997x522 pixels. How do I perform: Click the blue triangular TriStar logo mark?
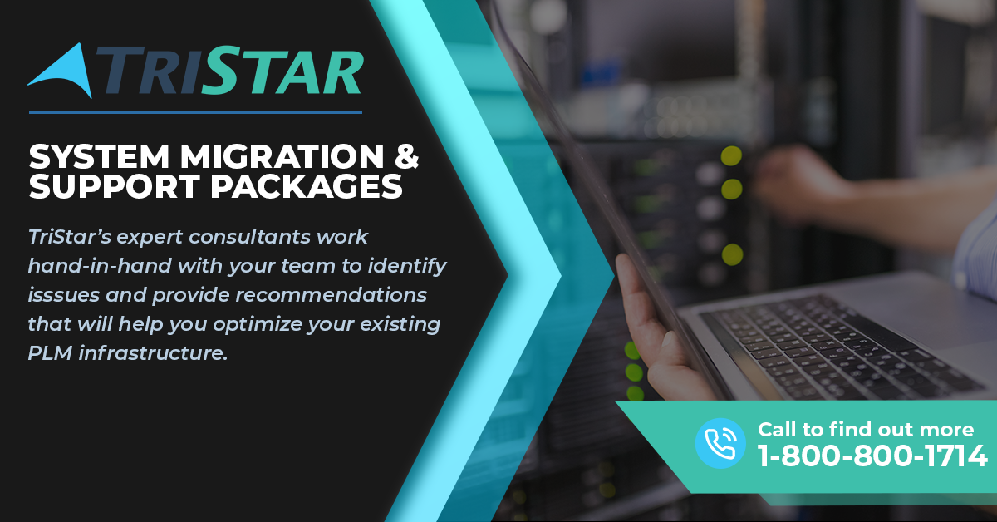click(66, 73)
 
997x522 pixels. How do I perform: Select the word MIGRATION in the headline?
click(282, 156)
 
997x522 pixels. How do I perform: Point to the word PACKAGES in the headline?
click(307, 186)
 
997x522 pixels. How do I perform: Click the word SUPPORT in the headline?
click(115, 186)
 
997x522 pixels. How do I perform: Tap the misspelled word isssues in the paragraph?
click(64, 295)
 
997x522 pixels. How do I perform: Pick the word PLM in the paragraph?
click(50, 353)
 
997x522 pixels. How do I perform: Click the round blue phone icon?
click(720, 443)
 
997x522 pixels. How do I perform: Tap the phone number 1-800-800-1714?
click(872, 456)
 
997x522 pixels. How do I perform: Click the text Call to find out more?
click(866, 430)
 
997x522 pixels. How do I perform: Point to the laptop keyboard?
click(841, 347)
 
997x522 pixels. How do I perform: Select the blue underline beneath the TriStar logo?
click(195, 112)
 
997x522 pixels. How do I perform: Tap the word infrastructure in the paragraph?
click(153, 353)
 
